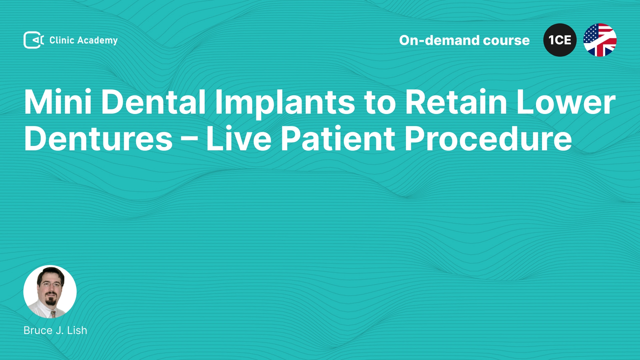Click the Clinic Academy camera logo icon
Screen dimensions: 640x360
point(34,40)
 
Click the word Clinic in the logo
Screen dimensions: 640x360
point(62,40)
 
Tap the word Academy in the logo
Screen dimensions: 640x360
point(97,41)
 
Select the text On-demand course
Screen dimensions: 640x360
point(464,40)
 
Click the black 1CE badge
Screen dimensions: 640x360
point(560,40)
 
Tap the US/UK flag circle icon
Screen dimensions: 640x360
point(600,40)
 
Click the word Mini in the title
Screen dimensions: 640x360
point(58,102)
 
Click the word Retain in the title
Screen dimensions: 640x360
point(456,102)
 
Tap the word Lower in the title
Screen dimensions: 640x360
point(566,102)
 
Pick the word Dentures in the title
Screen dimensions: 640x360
point(98,138)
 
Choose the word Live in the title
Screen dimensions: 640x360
point(239,138)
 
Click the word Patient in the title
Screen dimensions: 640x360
point(338,138)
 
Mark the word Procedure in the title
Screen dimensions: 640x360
point(488,138)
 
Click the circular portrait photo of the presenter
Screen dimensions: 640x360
point(50,292)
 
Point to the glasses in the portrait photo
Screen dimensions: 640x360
point(51,285)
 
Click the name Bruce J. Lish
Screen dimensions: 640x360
point(55,330)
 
